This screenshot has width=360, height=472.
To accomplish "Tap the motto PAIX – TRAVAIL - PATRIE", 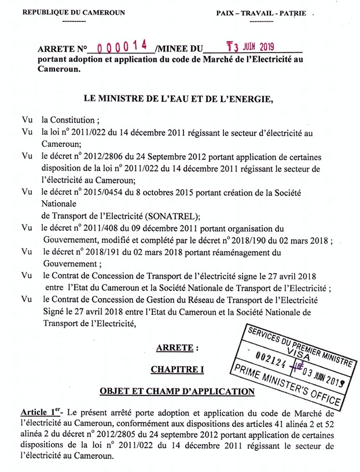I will click(262, 13).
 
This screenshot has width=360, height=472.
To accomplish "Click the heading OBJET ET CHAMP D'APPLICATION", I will click(177, 392).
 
